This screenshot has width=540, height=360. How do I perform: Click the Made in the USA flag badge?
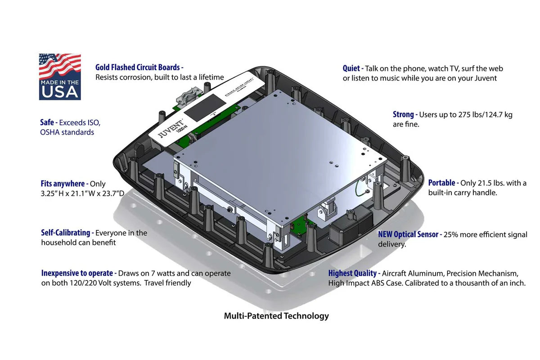pyautogui.click(x=60, y=76)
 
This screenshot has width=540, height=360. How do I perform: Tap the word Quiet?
pyautogui.click(x=351, y=68)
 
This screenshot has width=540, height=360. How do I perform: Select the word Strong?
pyautogui.click(x=404, y=114)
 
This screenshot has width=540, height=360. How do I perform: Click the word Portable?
pyautogui.click(x=442, y=183)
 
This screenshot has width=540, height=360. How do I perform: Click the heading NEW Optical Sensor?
pyautogui.click(x=408, y=234)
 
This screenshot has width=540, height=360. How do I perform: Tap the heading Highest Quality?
pyautogui.click(x=352, y=273)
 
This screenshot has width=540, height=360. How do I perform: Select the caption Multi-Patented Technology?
pyautogui.click(x=276, y=316)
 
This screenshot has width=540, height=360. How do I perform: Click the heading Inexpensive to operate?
pyautogui.click(x=77, y=273)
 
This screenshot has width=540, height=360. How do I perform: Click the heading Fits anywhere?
pyautogui.click(x=63, y=184)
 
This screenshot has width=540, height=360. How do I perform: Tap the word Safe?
pyautogui.click(x=48, y=122)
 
